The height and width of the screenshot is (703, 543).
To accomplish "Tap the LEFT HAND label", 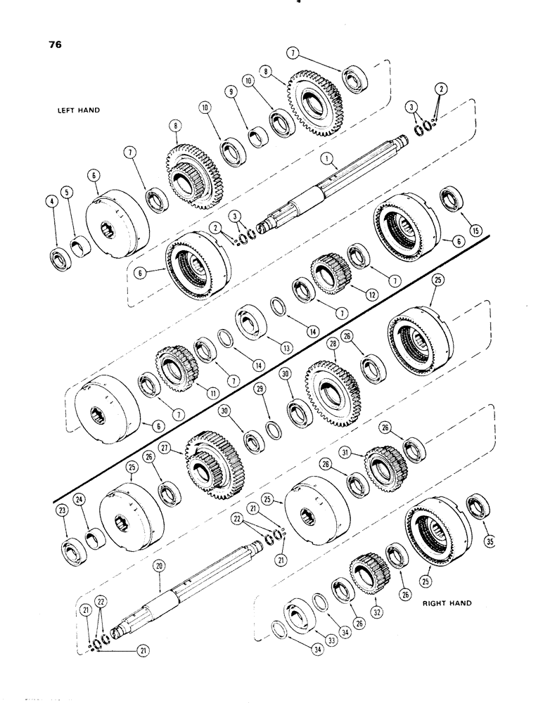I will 80,110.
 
